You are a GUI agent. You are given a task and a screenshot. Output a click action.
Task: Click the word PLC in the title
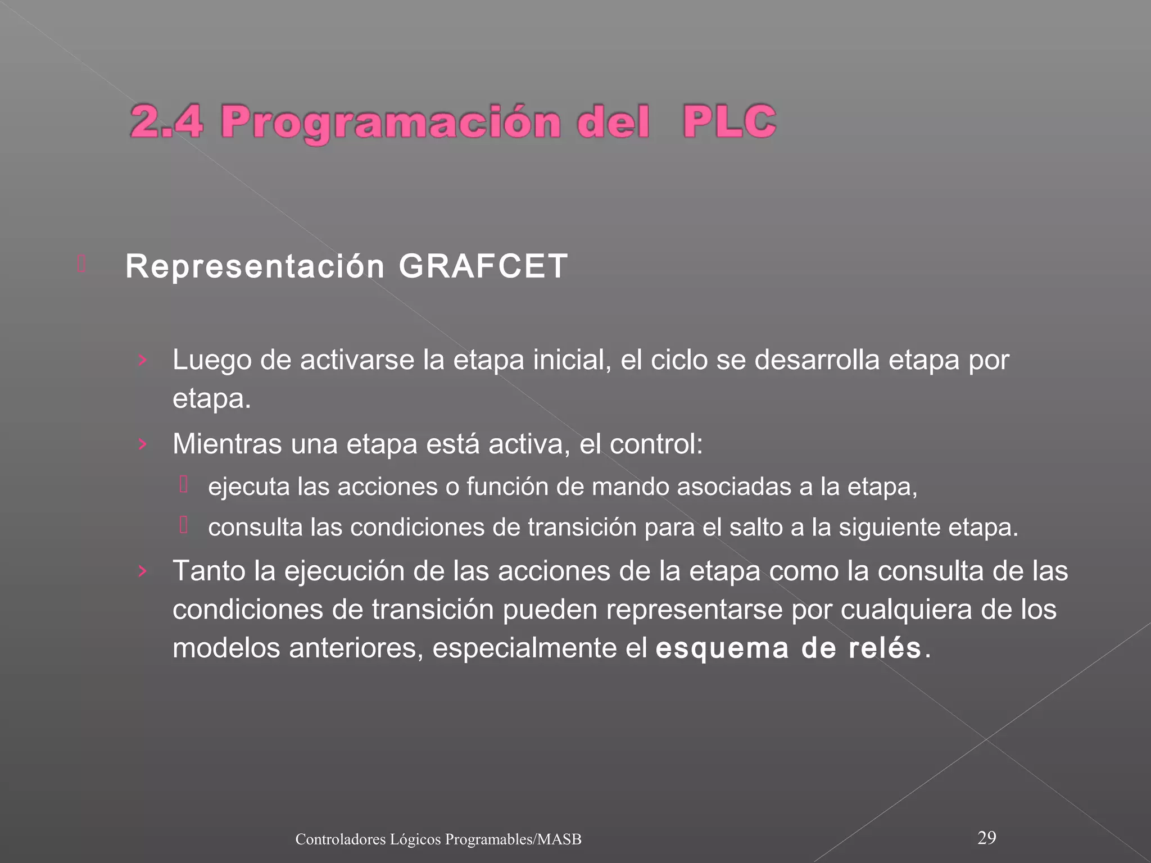click(x=729, y=121)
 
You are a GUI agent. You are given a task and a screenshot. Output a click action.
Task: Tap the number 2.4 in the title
click(x=166, y=121)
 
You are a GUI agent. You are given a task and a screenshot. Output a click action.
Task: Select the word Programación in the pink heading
click(x=391, y=122)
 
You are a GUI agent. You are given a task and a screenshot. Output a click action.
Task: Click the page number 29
click(x=987, y=838)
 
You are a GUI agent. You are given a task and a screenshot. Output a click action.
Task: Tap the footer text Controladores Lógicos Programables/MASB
click(x=438, y=839)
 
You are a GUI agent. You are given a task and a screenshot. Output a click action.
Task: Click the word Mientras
click(x=227, y=444)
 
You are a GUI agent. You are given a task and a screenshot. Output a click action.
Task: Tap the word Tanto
click(x=209, y=571)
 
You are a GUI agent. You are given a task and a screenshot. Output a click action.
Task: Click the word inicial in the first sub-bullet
click(x=572, y=360)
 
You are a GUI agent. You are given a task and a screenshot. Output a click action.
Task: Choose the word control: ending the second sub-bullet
click(x=656, y=444)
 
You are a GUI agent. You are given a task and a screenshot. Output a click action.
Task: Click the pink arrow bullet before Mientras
click(x=143, y=444)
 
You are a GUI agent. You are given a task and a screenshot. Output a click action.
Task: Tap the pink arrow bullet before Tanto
click(x=143, y=571)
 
